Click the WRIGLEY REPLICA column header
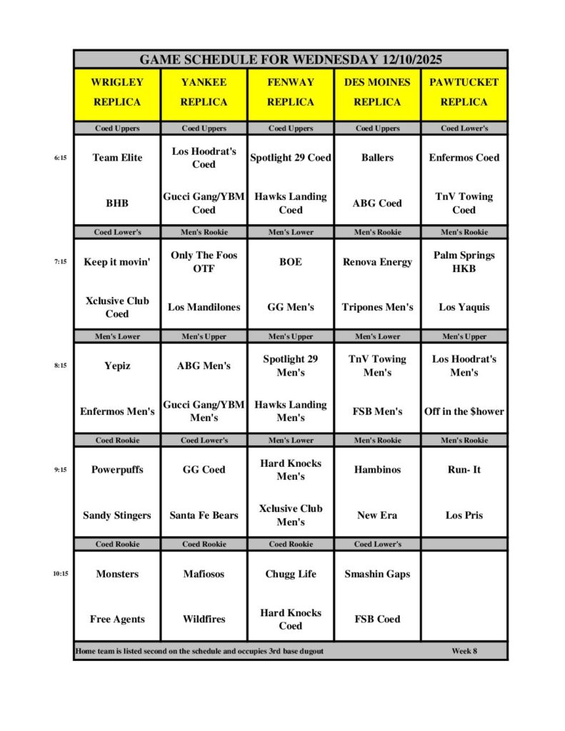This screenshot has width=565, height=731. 117,92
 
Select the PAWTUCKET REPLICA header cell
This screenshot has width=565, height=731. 464,92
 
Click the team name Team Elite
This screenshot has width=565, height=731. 117,158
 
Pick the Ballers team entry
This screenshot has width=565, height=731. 377,158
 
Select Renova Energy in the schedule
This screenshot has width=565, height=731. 377,262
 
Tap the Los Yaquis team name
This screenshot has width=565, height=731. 464,307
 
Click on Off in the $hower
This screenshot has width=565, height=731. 464,411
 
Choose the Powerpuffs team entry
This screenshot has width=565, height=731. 117,470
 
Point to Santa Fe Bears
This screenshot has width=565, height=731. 204,515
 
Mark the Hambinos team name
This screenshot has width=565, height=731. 377,470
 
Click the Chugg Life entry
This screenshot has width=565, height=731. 291,574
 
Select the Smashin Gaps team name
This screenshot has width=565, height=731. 377,574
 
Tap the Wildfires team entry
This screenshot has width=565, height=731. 204,619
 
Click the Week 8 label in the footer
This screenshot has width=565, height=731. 464,651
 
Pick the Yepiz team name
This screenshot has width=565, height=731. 117,366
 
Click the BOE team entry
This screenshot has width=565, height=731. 291,262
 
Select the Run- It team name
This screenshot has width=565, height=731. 464,470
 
